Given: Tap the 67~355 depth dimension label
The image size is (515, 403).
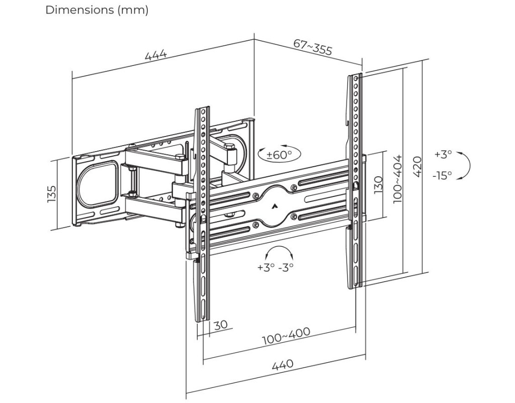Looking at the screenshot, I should pyautogui.click(x=313, y=47).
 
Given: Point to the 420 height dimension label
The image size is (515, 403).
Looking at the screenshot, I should pyautogui.click(x=417, y=166).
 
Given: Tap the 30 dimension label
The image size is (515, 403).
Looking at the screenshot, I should pyautogui.click(x=221, y=325).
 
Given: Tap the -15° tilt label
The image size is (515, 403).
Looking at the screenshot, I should pyautogui.click(x=442, y=175).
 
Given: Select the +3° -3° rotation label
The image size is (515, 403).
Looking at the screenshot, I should pyautogui.click(x=275, y=267).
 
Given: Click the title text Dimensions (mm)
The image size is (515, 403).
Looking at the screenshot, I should pyautogui.click(x=97, y=10).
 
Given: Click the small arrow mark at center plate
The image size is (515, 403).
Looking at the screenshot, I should pyautogui.click(x=275, y=206).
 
